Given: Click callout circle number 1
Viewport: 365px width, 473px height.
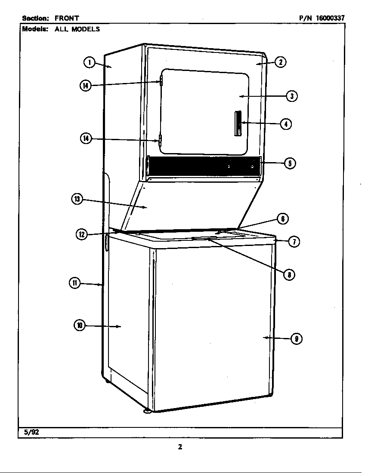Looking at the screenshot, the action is click(89, 63).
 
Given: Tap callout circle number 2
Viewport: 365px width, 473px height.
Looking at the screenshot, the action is click(281, 62).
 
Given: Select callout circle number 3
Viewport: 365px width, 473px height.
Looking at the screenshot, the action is click(292, 96).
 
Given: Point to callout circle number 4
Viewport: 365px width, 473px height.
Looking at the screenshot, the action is click(286, 124).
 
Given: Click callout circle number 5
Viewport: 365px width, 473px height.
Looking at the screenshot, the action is click(290, 163).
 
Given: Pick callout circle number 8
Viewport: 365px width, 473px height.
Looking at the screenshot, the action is click(289, 274).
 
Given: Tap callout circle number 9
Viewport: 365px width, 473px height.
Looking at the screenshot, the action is click(297, 339).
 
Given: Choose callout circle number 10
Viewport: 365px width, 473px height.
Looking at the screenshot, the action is click(80, 325).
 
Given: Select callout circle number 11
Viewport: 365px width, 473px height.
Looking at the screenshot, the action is click(75, 283).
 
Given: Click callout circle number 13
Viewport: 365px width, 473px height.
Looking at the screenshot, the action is click(77, 200).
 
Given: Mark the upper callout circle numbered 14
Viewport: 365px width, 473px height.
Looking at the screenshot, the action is click(86, 86).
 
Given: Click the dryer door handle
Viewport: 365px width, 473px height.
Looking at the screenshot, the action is click(238, 123).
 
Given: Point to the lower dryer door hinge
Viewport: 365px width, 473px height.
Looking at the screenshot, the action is click(160, 140).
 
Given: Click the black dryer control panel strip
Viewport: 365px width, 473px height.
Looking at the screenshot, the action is click(204, 166).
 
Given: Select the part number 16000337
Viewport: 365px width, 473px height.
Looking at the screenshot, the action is click(330, 18).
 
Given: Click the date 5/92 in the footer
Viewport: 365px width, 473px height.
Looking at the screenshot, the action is click(31, 432).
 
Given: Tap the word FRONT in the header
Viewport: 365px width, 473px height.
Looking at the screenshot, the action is click(67, 18).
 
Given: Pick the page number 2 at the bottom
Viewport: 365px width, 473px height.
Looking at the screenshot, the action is click(180, 447).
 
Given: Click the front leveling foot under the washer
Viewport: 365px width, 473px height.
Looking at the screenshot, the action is click(147, 410).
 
